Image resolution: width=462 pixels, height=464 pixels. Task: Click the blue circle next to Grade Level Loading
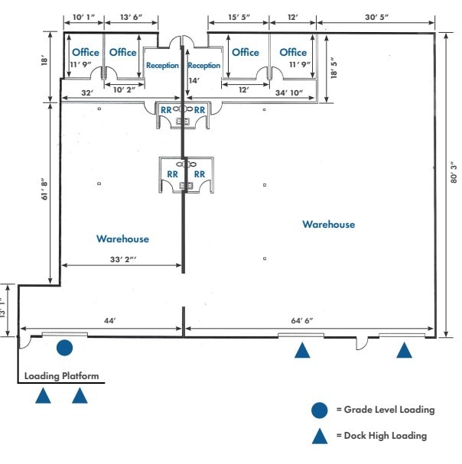[320, 410]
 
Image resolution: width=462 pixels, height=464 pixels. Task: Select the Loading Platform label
[62, 376]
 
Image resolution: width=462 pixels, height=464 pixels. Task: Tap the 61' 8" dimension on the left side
[45, 187]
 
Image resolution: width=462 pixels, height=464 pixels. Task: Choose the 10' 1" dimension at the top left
[84, 17]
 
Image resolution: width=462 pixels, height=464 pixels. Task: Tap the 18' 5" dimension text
[333, 70]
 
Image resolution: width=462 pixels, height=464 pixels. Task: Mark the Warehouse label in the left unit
[122, 239]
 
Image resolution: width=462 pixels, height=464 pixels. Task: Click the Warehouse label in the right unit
[328, 224]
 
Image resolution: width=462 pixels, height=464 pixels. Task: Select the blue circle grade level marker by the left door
[65, 349]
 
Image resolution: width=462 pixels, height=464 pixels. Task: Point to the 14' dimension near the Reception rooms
[194, 79]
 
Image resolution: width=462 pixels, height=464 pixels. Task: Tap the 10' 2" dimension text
[123, 89]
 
